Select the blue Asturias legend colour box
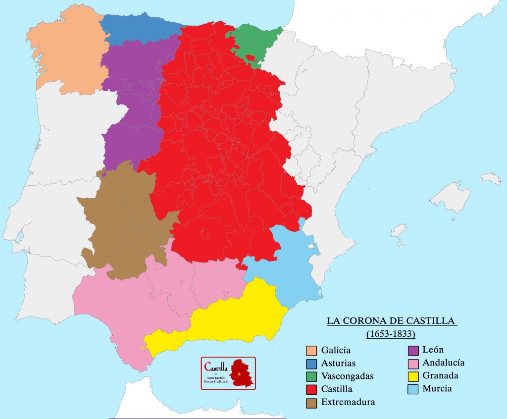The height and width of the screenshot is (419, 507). [311, 364]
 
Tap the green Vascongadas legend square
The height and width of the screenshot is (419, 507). [311, 376]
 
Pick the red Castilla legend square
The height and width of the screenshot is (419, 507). [311, 389]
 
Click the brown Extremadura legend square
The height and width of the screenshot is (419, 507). [311, 402]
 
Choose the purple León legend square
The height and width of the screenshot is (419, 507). [412, 350]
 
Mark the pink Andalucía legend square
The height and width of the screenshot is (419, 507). [412, 363]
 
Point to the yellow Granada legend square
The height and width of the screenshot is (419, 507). [412, 376]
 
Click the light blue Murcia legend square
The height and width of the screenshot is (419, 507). [412, 389]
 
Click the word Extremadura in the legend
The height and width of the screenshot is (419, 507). [348, 402]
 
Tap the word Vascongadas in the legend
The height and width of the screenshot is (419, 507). [347, 376]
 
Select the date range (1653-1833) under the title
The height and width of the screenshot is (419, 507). [391, 334]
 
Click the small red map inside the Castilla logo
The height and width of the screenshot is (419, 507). [242, 373]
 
